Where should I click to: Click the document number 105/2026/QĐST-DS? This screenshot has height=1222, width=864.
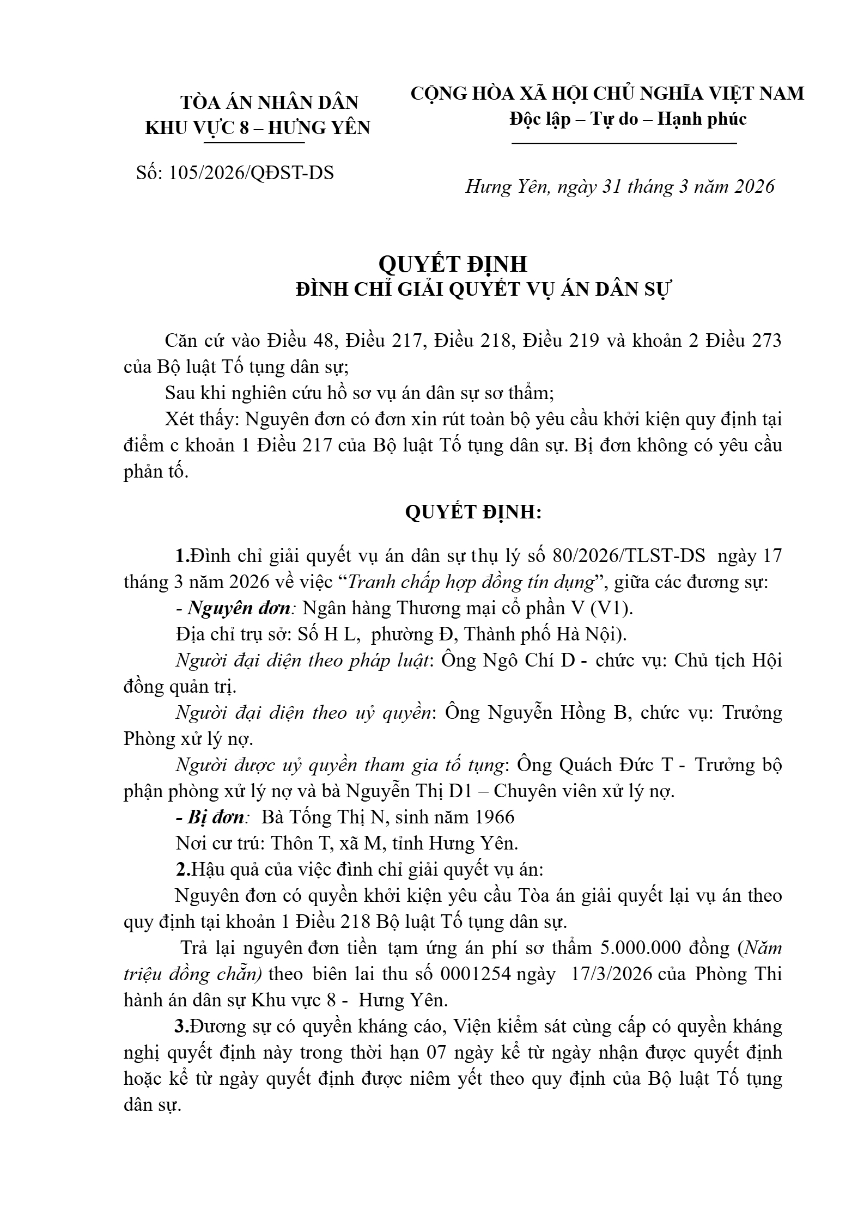pyautogui.click(x=251, y=173)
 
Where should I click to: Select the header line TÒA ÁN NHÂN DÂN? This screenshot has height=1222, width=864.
pyautogui.click(x=270, y=102)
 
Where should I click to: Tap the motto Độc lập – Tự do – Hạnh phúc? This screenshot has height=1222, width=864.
pyautogui.click(x=628, y=119)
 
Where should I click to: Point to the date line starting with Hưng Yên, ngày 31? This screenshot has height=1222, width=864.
pyautogui.click(x=619, y=187)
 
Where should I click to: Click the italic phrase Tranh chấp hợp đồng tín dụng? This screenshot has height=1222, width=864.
pyautogui.click(x=470, y=582)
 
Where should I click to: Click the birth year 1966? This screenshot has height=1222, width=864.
pyautogui.click(x=495, y=817)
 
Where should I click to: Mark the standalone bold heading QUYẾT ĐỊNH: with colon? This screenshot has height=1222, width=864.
pyautogui.click(x=473, y=512)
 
